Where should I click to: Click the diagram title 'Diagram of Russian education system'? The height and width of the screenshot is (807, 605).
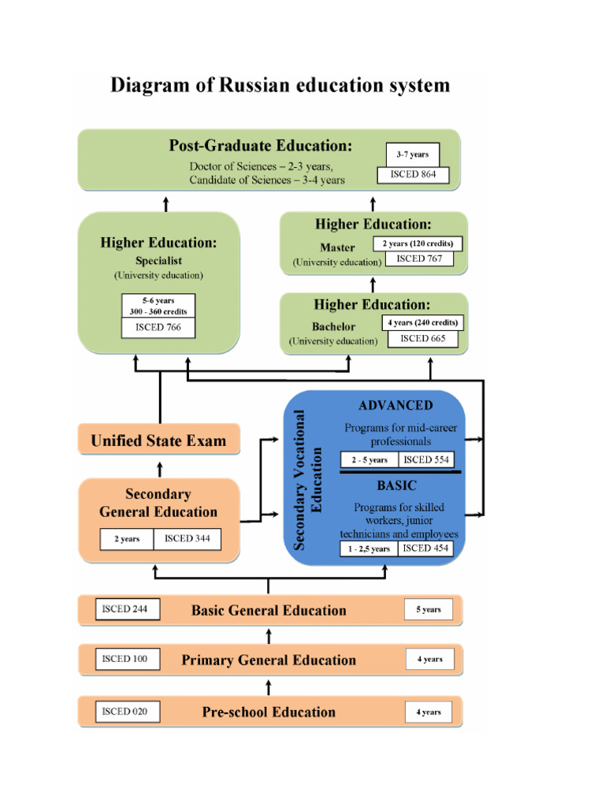(x=280, y=85)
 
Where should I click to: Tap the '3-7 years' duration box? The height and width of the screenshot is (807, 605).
(x=413, y=155)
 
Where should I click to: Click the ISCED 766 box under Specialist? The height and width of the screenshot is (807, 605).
(x=158, y=327)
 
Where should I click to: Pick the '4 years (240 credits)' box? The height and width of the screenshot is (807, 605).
(x=422, y=322)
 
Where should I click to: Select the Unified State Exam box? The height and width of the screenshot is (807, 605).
(x=158, y=441)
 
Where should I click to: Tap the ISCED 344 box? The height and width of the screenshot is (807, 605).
(x=187, y=539)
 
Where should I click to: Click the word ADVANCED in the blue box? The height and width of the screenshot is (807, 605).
(x=395, y=406)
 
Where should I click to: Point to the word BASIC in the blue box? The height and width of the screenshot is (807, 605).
(x=396, y=486)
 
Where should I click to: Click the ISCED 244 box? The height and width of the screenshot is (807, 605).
(x=126, y=609)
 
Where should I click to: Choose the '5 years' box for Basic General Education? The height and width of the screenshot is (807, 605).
(x=429, y=610)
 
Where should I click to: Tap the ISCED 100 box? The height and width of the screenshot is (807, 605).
(x=126, y=659)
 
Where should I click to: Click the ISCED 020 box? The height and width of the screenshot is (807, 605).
(x=126, y=712)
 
